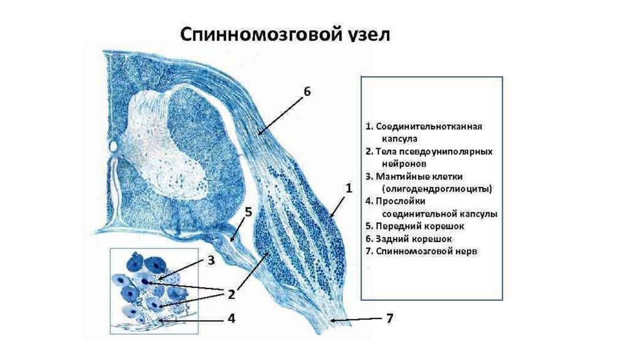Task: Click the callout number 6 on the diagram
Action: [307, 92]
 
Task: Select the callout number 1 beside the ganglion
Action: [349, 187]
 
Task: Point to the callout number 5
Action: [248, 212]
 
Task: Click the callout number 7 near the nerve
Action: [389, 319]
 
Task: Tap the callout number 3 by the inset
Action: [211, 260]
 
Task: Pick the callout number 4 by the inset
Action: [231, 319]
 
